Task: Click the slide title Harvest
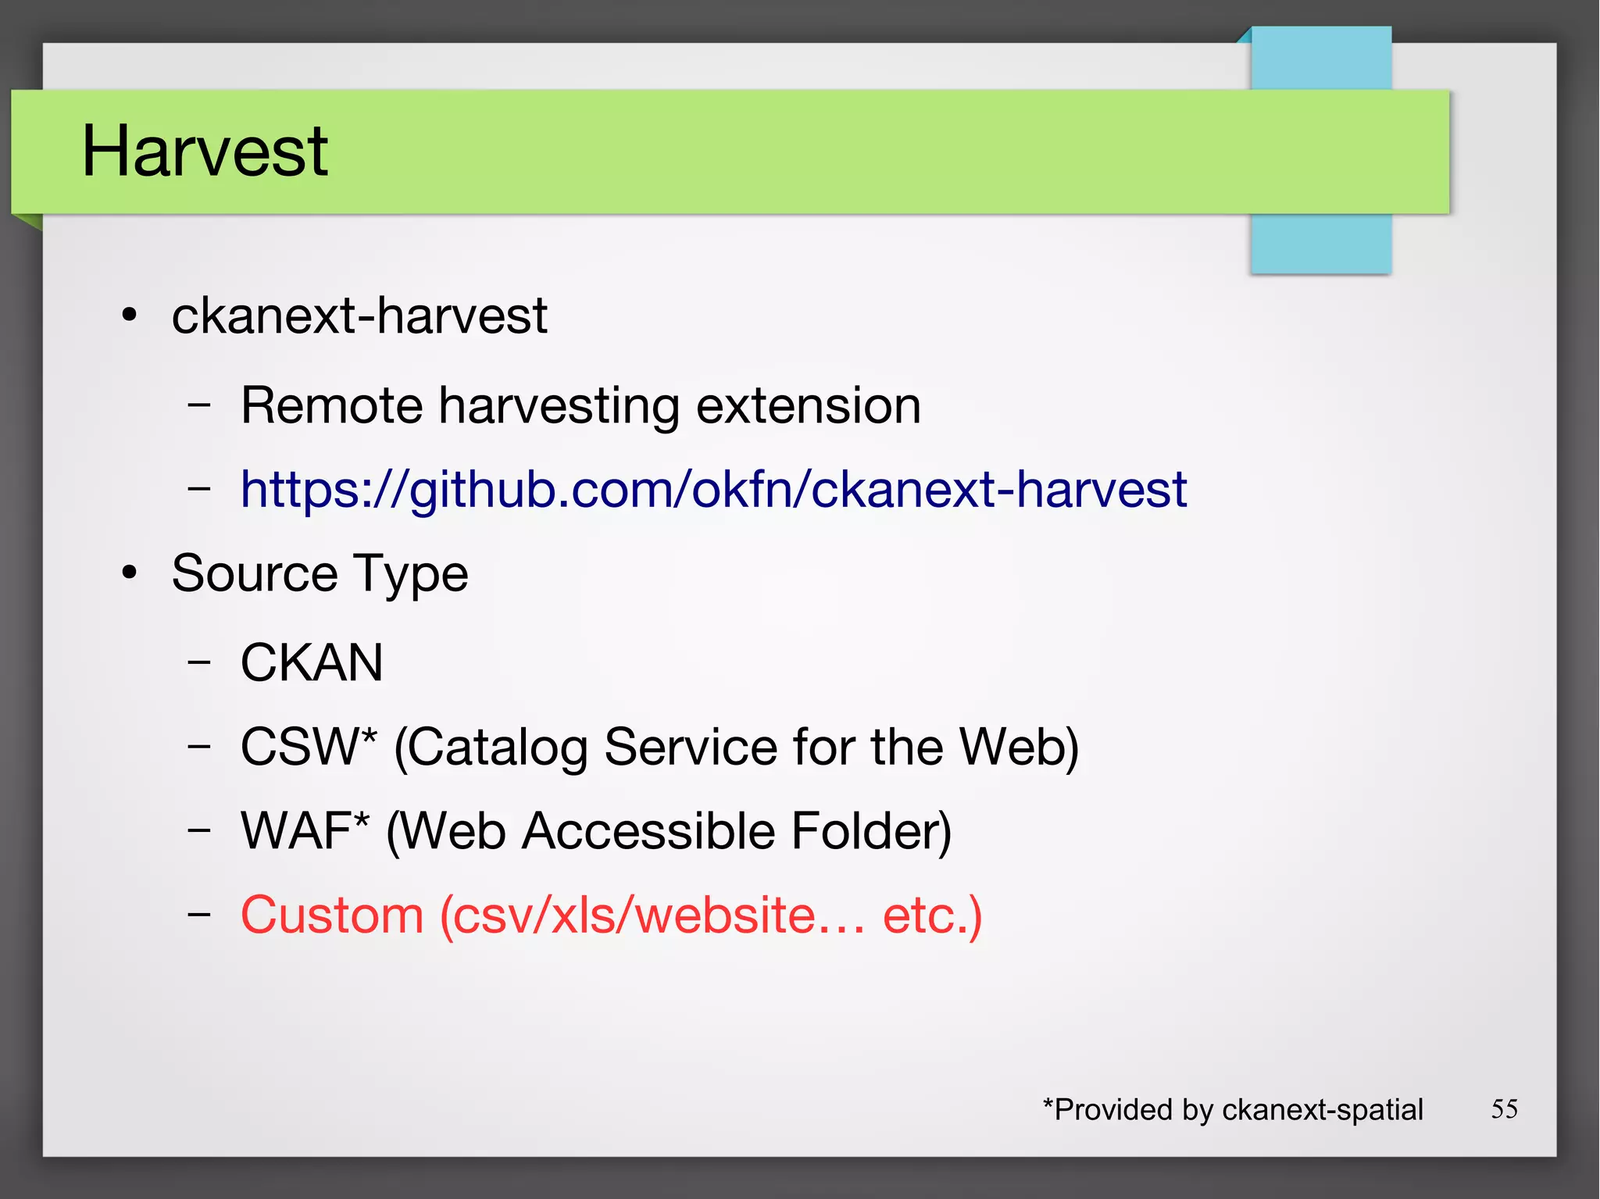coord(205,151)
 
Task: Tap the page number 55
coord(1504,1108)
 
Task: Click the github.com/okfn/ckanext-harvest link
coord(712,490)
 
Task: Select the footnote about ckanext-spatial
coord(1233,1109)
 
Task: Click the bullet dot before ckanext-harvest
coord(130,316)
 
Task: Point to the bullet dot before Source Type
coord(130,573)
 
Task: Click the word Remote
coord(331,405)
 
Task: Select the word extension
coord(808,405)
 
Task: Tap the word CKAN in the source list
coord(312,662)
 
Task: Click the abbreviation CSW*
coord(309,746)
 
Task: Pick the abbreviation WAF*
coord(305,830)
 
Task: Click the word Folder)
coord(871,830)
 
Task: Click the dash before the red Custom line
coord(199,914)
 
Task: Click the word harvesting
coord(559,407)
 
